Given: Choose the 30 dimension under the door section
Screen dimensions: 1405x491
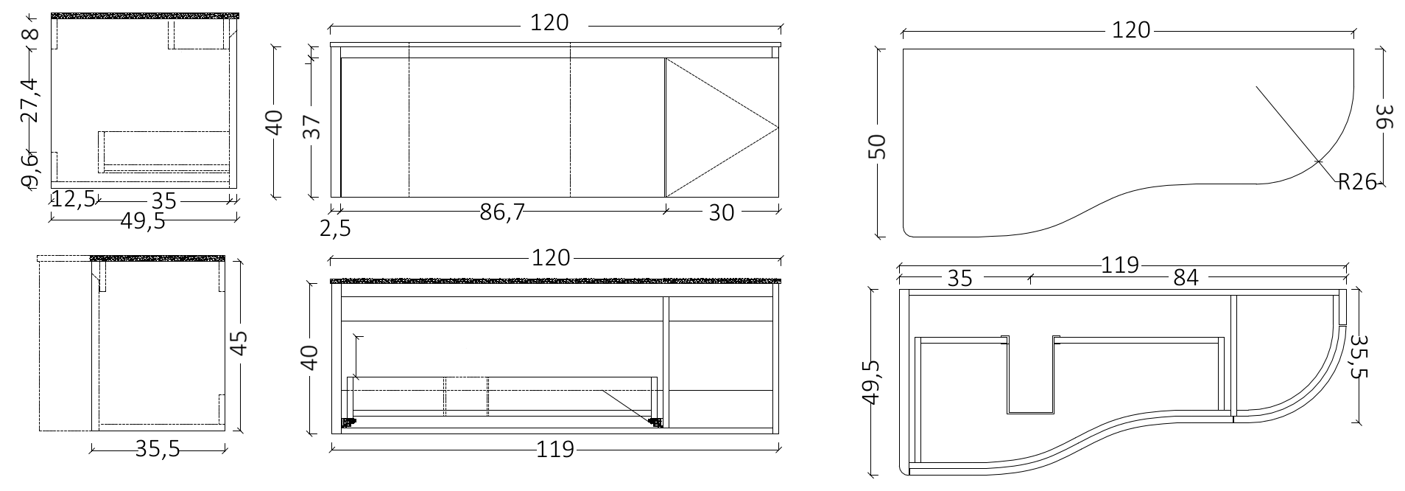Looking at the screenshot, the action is [722, 212].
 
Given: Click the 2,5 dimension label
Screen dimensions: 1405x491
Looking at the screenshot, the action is [335, 229].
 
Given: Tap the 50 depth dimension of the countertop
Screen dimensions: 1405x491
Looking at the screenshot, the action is [880, 147].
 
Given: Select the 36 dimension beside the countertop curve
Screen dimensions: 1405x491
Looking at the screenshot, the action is [1384, 116].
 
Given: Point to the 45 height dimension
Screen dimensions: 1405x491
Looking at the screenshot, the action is [239, 344].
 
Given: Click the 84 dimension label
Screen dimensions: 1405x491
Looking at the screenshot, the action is [1186, 278].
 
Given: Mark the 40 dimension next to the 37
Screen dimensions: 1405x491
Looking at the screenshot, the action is [274, 122].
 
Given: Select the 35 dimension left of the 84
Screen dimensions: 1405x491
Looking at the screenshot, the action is [960, 278].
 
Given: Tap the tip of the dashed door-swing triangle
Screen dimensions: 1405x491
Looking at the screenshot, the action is [778, 128].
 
